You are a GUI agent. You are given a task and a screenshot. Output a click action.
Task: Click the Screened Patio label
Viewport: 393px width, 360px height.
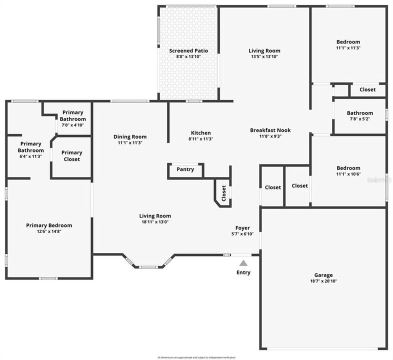tap(188, 50)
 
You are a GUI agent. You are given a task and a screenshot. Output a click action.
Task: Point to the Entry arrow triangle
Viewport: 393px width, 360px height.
tap(243, 263)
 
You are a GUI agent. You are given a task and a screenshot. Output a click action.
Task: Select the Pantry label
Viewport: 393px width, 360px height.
tap(185, 169)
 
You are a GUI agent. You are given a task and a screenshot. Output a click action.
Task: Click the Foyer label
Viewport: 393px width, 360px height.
tap(242, 228)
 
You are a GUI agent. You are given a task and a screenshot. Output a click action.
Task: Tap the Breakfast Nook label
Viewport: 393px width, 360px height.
tap(270, 130)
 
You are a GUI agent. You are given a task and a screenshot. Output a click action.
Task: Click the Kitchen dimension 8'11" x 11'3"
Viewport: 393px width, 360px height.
tap(201, 139)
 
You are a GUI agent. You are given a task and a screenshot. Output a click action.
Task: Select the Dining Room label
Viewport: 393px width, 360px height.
tap(130, 136)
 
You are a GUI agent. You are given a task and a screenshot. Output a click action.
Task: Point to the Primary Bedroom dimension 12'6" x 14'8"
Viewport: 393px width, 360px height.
tap(49, 232)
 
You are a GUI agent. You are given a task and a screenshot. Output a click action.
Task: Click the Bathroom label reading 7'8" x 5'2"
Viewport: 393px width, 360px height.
tap(360, 119)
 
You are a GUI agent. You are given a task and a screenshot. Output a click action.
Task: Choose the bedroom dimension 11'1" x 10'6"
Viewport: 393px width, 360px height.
tap(348, 175)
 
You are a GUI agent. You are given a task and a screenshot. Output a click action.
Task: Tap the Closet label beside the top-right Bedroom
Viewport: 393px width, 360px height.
tap(367, 90)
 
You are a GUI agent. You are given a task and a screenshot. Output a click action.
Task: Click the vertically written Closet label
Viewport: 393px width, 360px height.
tap(223, 193)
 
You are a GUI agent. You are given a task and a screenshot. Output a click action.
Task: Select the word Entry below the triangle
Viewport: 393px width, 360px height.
tap(243, 272)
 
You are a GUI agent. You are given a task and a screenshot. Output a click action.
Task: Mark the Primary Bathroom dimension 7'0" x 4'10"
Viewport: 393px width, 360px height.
tap(73, 125)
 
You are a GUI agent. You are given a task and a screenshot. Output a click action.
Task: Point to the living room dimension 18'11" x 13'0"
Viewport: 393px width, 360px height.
tap(155, 222)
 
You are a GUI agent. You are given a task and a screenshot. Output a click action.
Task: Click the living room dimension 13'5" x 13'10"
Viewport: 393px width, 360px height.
tap(264, 57)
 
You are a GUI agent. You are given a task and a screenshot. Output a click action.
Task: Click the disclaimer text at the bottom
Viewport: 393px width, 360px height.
tap(196, 357)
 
